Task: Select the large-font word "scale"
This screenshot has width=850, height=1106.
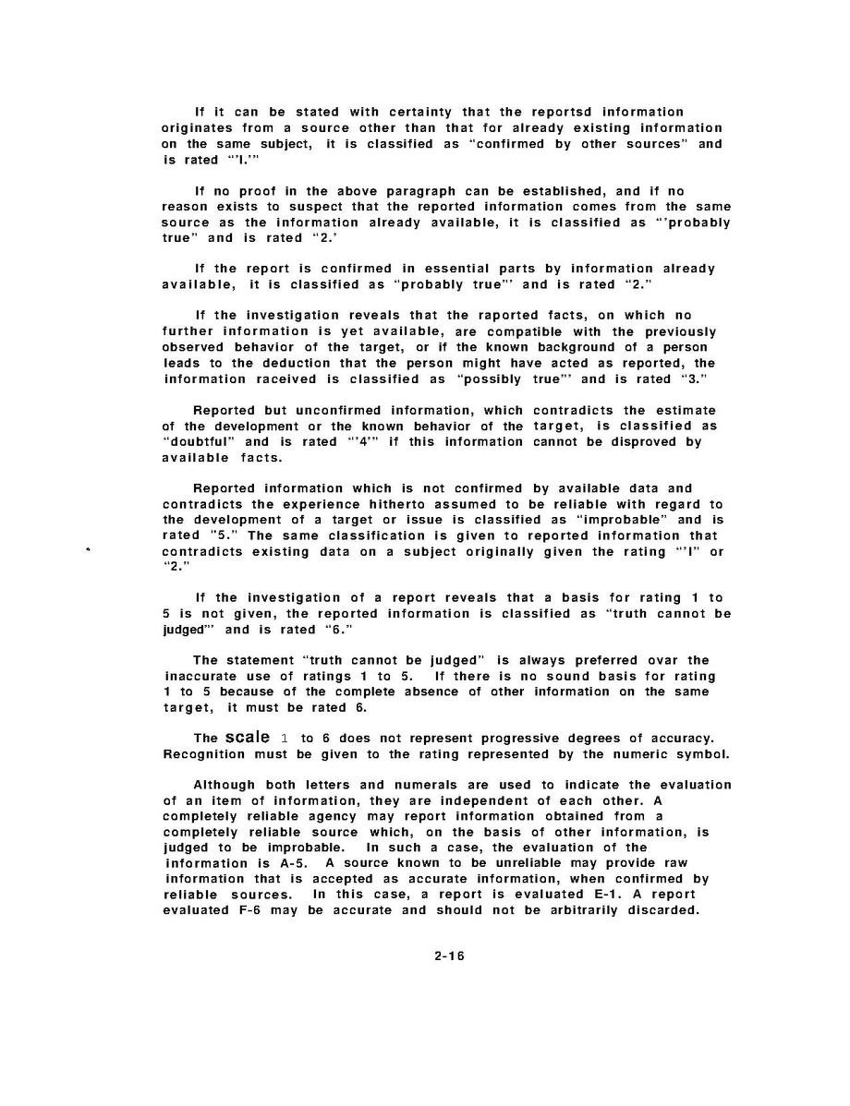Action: pyautogui.click(x=248, y=738)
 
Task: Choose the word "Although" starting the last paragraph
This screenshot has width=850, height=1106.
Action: pyautogui.click(x=225, y=786)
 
